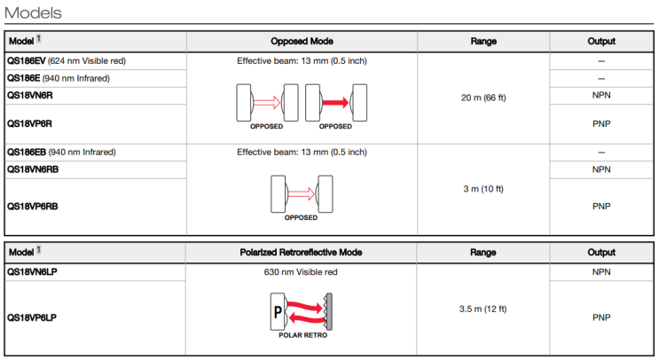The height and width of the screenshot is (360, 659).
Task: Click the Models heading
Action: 33,12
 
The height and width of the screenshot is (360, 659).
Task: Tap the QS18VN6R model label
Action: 31,94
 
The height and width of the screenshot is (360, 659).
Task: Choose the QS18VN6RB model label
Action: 35,168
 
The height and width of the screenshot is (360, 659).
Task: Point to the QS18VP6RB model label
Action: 35,205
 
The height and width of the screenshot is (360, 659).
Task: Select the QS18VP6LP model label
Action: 32,316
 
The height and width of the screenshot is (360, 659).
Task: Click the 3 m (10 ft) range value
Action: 482,188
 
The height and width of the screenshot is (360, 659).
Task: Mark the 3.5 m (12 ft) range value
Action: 482,309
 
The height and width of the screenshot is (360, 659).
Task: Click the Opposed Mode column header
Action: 301,41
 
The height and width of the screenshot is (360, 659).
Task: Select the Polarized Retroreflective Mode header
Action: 301,253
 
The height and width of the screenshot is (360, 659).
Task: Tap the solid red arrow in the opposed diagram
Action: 335,103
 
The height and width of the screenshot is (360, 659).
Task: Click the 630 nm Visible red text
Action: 301,271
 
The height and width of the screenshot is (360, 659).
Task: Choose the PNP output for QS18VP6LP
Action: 600,316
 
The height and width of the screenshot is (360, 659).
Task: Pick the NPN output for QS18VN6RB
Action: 600,168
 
